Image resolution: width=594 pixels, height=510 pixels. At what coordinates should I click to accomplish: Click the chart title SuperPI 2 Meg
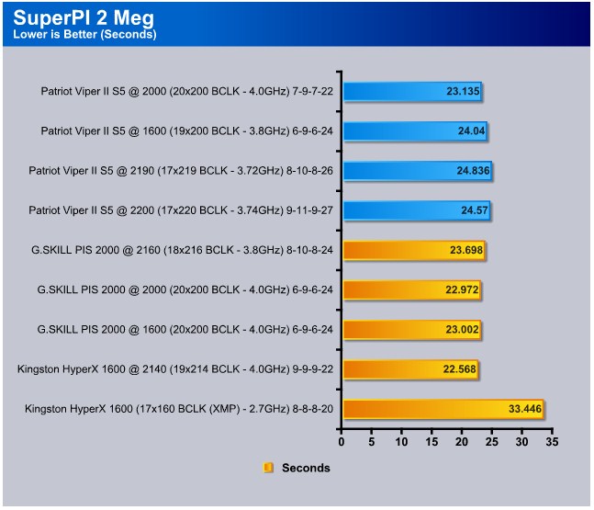[x=84, y=17]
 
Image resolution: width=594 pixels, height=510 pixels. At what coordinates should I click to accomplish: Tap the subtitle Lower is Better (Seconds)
[x=84, y=35]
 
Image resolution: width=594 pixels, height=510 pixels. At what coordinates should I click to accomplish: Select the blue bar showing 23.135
[x=412, y=91]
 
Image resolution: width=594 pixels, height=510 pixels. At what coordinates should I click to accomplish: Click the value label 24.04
[x=471, y=130]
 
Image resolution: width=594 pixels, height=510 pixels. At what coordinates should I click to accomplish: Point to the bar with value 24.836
[x=418, y=171]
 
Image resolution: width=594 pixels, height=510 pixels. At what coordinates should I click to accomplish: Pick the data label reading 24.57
[x=475, y=210]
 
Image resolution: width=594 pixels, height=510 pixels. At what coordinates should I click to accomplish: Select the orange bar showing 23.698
[x=414, y=250]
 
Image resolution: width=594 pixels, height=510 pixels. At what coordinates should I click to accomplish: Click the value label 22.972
[x=462, y=289]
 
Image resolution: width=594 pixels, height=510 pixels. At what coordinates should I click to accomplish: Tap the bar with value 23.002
[x=412, y=329]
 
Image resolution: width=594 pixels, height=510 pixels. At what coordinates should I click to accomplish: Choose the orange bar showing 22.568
[x=410, y=368]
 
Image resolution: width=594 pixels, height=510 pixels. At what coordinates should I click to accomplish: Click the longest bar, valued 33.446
[x=443, y=409]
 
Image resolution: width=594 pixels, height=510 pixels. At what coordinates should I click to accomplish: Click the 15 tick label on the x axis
[x=431, y=442]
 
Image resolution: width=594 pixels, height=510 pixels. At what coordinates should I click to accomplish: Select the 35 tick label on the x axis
[x=552, y=442]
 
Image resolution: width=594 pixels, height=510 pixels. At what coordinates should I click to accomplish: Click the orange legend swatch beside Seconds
[x=268, y=468]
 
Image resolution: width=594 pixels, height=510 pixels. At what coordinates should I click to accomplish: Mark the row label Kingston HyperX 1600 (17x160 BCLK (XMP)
[x=179, y=409]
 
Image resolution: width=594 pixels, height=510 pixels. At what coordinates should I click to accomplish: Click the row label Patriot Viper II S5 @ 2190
[x=181, y=171]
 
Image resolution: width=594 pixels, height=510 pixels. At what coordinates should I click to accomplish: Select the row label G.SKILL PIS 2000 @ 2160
[x=182, y=250]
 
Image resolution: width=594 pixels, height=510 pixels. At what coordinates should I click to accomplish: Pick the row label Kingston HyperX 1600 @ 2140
[x=175, y=368]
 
